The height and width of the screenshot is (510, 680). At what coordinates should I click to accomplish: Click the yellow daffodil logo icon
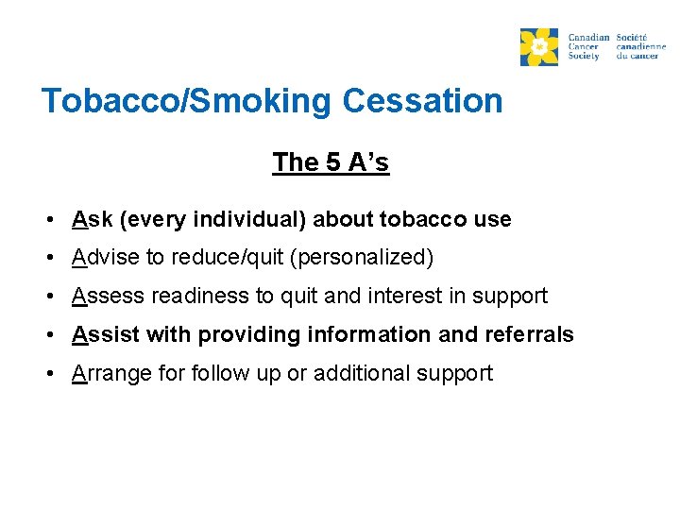(539, 46)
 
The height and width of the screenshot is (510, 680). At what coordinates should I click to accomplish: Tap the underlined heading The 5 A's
(331, 162)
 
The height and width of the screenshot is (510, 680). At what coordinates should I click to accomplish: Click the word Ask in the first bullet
(92, 220)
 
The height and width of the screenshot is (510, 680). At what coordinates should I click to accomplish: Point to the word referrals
(528, 334)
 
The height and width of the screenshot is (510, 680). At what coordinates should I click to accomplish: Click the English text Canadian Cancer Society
(588, 45)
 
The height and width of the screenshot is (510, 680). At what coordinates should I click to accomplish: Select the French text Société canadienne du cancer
(641, 45)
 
